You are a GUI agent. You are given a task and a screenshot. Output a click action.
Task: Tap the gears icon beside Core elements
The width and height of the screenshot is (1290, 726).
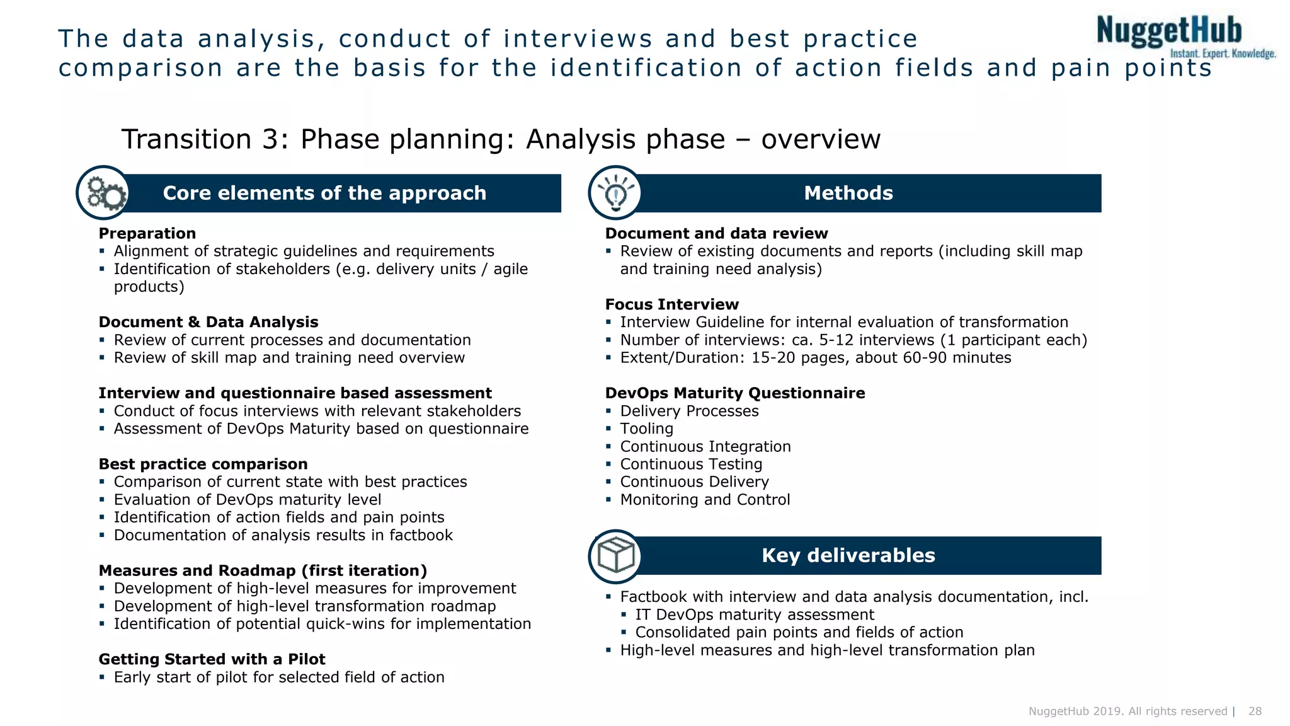[x=104, y=193]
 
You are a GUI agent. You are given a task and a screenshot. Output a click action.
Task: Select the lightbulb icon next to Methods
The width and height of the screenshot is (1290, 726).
[x=615, y=193]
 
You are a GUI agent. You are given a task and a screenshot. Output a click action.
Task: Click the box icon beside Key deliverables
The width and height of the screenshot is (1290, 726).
[x=615, y=556]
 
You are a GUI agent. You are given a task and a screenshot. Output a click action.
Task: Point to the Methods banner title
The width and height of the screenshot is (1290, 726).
[x=848, y=193]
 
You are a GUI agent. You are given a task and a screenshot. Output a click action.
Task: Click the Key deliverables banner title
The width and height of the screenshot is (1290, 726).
[x=848, y=555]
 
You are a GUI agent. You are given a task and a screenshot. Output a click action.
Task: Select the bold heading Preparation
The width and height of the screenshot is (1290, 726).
[x=147, y=233]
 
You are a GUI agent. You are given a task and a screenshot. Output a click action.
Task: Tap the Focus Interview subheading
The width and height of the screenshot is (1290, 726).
[x=671, y=304]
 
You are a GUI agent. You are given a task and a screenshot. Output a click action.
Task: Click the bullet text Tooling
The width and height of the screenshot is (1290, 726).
[x=646, y=429]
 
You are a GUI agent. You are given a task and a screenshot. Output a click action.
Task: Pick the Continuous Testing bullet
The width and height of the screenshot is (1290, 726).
[x=691, y=464]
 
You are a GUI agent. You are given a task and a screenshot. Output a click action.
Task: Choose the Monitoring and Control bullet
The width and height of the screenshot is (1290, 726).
[x=705, y=500]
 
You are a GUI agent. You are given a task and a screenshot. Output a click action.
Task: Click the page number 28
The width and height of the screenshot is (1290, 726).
[x=1255, y=711]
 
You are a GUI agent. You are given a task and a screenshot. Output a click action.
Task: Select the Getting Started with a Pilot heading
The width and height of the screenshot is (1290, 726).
[x=212, y=659]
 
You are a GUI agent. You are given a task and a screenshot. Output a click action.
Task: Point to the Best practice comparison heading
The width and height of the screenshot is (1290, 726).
[x=203, y=464]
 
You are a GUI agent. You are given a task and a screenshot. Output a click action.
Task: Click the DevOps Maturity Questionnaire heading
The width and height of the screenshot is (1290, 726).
[x=734, y=393]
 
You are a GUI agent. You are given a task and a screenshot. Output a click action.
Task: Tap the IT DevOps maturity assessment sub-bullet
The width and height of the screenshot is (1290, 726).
[x=754, y=614]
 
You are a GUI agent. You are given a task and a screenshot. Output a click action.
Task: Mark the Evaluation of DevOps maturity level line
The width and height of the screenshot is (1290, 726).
[x=247, y=500]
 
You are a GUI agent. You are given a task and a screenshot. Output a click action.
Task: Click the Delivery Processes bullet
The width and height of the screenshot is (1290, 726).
[x=689, y=411]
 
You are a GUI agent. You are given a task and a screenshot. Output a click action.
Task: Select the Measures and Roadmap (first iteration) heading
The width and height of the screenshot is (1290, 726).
[x=263, y=570]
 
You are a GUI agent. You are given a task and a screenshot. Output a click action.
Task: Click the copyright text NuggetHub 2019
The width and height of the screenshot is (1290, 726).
[x=1127, y=711]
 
